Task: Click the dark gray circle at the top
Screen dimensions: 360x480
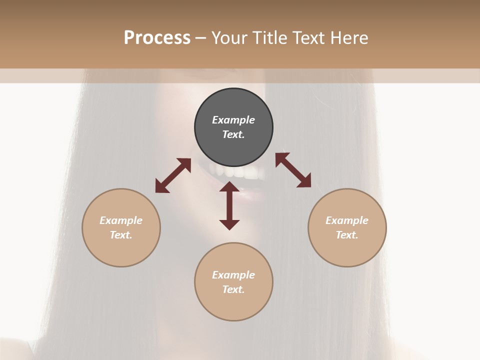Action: click(x=233, y=127)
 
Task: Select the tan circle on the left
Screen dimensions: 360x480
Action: click(x=121, y=227)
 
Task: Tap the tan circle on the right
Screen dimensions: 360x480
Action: click(x=347, y=227)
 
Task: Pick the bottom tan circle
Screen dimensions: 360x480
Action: click(x=233, y=281)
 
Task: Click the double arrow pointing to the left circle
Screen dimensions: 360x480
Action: click(x=173, y=175)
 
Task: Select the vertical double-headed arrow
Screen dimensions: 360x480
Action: click(x=229, y=205)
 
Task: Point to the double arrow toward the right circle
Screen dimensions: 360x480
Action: click(x=293, y=170)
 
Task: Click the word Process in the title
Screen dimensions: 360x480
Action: click(x=157, y=38)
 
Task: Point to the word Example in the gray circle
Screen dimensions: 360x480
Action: click(x=233, y=120)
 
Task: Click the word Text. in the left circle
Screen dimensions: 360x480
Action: click(x=121, y=235)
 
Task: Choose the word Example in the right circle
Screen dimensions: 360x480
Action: click(x=347, y=220)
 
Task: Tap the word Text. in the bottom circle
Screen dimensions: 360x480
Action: click(x=233, y=289)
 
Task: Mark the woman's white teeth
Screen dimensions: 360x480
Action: click(x=240, y=172)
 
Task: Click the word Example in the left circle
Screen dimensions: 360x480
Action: click(x=121, y=220)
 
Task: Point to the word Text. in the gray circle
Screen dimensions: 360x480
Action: click(x=233, y=134)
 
